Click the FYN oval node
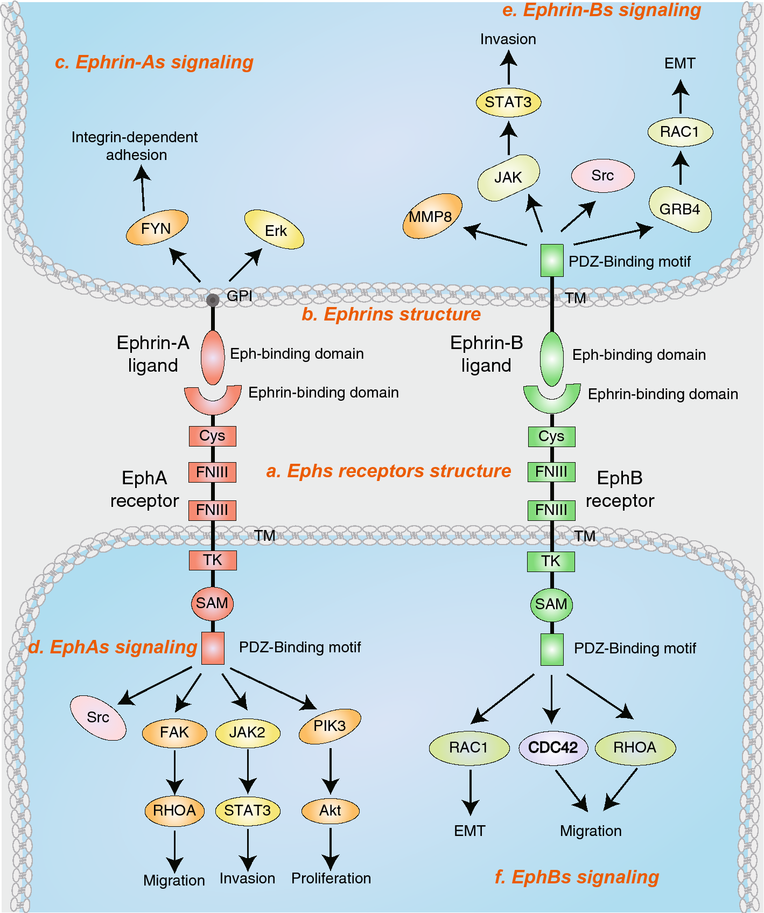[157, 228]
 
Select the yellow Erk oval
[275, 230]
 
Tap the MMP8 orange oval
[432, 216]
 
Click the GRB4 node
[679, 209]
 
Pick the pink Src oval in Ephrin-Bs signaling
[602, 176]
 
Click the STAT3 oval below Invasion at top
[508, 102]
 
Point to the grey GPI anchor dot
[213, 300]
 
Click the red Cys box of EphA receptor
[212, 436]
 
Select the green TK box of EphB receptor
[551, 561]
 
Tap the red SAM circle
[212, 603]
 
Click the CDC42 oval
[553, 748]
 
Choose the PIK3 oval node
[330, 726]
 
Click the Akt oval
[330, 811]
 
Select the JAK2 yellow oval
[247, 733]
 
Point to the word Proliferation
[331, 879]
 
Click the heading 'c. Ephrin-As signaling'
[154, 62]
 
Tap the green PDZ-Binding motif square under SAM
[552, 649]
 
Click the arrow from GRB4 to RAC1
[681, 168]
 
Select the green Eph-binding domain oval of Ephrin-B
[551, 358]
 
